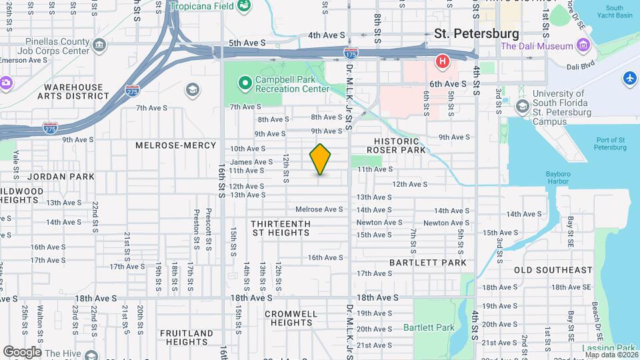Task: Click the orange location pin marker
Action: tap(320, 159)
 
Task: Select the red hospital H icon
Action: tap(441, 63)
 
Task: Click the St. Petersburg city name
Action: tap(476, 33)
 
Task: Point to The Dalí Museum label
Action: tap(537, 46)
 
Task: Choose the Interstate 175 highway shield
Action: tap(349, 51)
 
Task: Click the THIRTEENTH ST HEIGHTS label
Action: tap(281, 228)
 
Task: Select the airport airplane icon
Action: tap(629, 79)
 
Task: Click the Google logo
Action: tap(22, 351)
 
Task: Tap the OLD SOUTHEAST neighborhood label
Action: tap(553, 270)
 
